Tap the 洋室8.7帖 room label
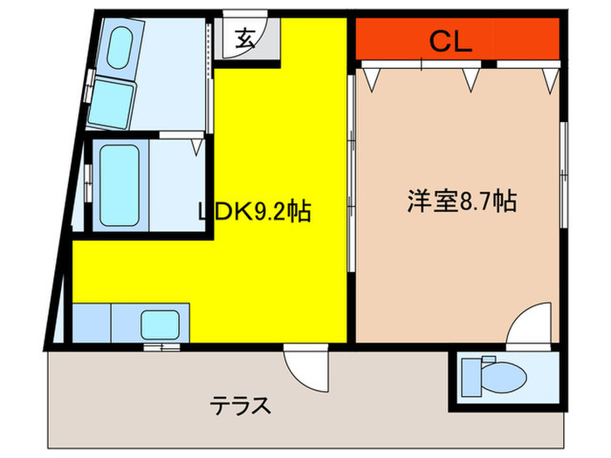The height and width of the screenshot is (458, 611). [460, 202]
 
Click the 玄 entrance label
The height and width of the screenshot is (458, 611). [245, 38]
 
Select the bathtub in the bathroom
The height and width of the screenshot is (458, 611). [117, 184]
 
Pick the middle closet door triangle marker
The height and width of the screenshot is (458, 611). [472, 80]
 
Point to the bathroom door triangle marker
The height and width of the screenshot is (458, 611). [196, 147]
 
